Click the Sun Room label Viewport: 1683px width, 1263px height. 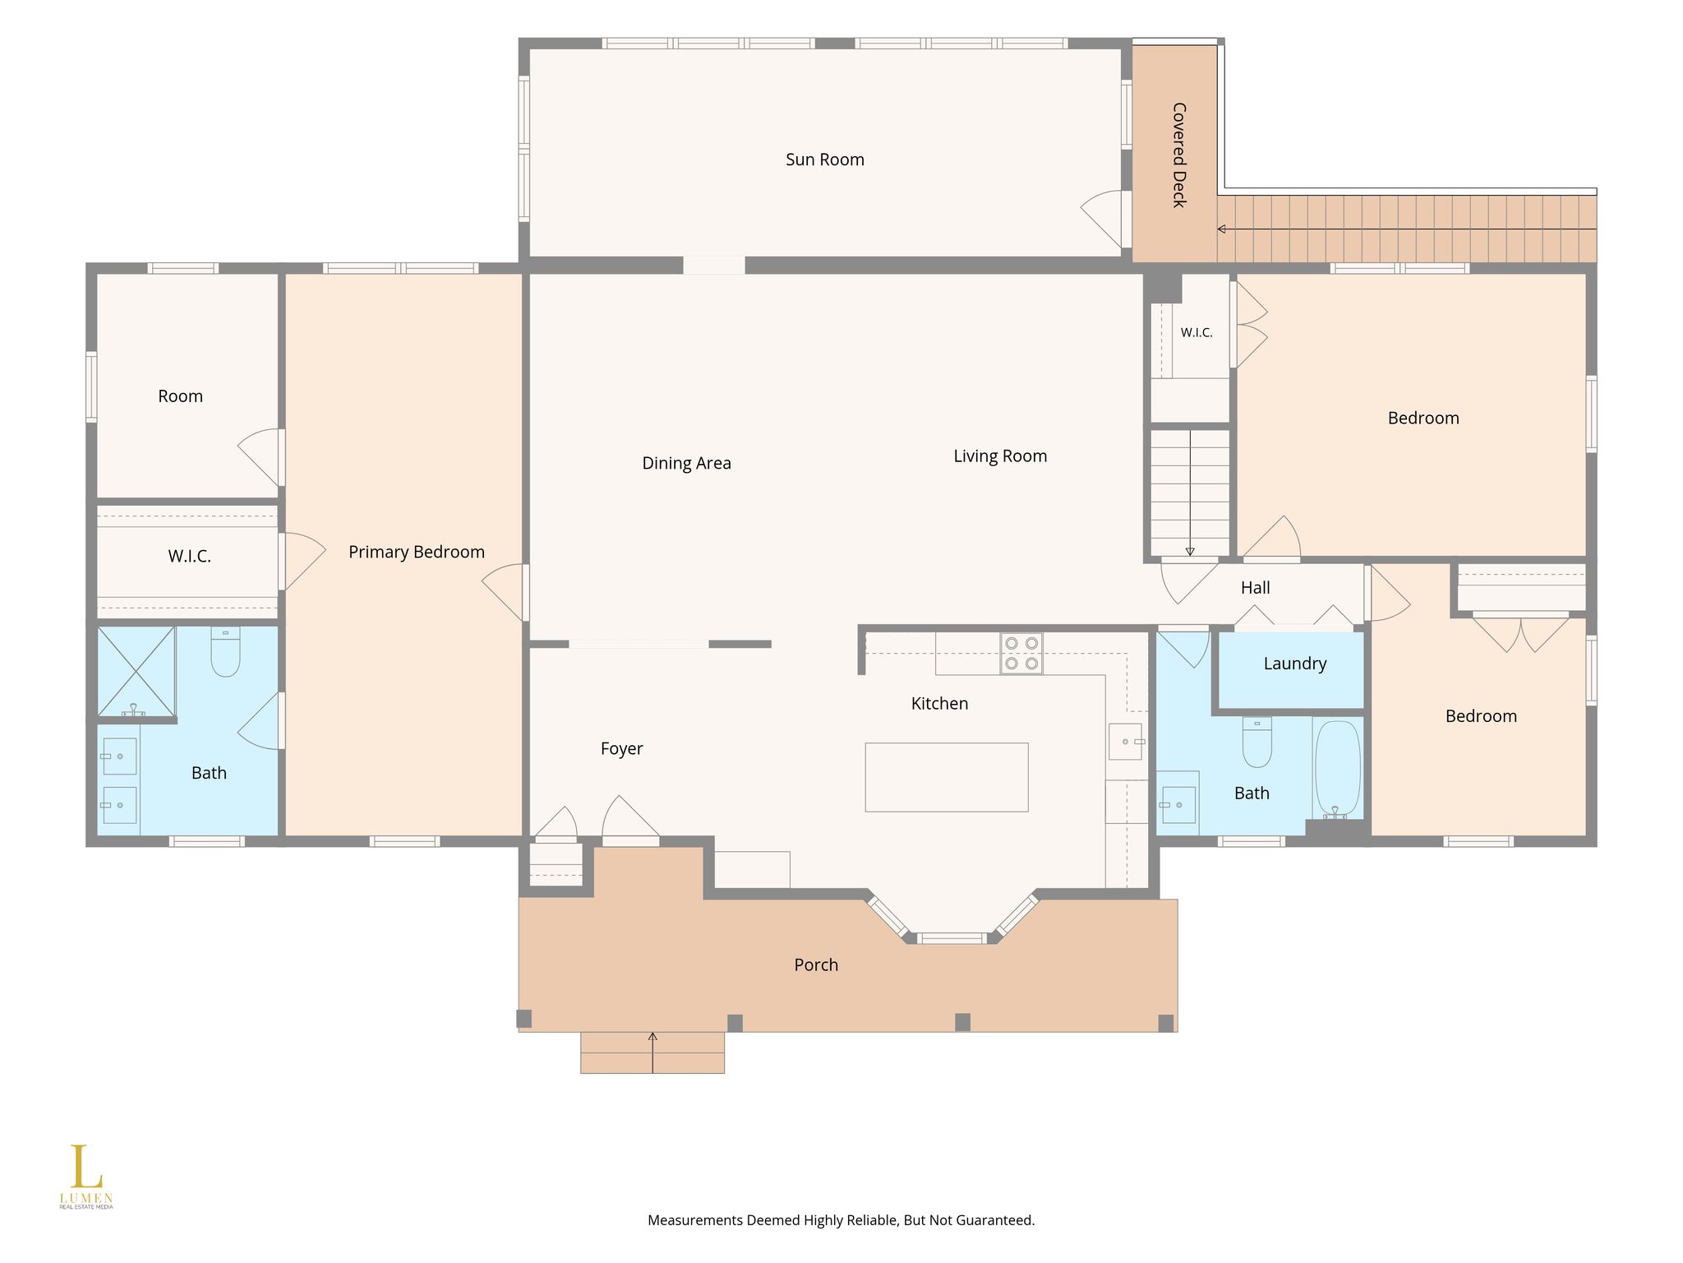825,160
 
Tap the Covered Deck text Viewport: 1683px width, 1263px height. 1179,155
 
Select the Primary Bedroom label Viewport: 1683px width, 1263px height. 417,552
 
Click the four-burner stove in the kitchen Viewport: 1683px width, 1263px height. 1021,654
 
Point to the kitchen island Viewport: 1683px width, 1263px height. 947,777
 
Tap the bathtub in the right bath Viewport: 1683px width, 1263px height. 1337,769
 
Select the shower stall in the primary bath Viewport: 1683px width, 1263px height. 136,672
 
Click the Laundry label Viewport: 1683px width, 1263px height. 1295,664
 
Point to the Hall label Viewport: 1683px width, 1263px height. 1255,588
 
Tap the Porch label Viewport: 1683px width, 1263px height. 816,965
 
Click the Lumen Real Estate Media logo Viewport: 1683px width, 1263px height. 86,1177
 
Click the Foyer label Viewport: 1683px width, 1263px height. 621,748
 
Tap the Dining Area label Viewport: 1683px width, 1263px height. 686,463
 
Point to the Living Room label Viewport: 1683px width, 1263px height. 1000,456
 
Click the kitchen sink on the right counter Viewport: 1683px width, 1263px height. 1126,742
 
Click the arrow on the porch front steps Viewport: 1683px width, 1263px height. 652,1052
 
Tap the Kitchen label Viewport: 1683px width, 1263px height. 939,703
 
